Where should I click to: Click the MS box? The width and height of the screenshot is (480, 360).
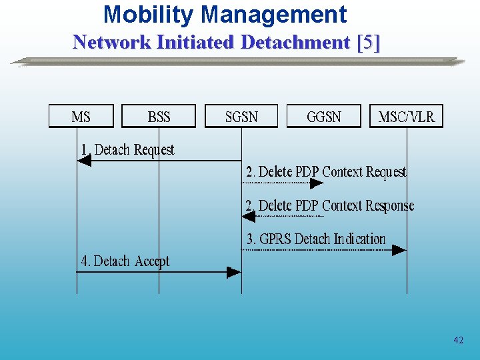tap(81, 117)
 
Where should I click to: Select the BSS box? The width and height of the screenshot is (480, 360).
tap(159, 117)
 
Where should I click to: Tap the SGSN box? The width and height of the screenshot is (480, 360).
tap(241, 117)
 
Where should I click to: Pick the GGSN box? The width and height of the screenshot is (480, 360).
tap(323, 117)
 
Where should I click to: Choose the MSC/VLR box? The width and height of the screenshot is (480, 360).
tap(406, 117)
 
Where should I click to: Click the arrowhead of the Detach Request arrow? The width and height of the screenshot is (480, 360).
tap(83, 161)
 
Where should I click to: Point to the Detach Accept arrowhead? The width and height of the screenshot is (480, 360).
tap(234, 272)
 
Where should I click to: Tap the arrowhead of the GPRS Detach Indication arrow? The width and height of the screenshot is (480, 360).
tap(399, 250)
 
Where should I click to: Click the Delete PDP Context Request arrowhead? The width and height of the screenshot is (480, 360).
tap(317, 183)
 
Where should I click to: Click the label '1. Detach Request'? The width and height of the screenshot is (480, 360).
tap(127, 150)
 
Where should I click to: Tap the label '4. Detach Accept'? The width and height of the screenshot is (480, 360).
tap(125, 261)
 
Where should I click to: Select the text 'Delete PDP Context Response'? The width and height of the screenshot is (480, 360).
tap(336, 205)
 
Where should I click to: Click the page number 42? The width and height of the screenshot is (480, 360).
tap(458, 340)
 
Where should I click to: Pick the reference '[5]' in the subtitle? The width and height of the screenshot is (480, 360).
tap(369, 43)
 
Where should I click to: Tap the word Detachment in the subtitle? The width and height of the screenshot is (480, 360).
tap(295, 43)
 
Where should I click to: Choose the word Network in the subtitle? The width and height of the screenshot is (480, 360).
tap(112, 43)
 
